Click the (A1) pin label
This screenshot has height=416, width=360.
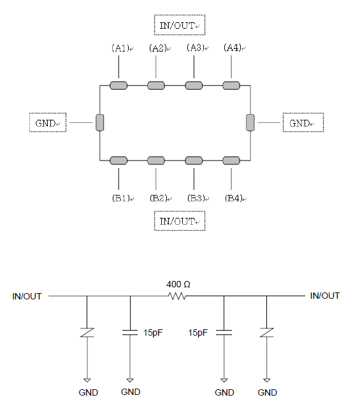[120, 48]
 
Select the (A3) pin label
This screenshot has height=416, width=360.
[196, 48]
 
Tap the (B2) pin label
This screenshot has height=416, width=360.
[159, 198]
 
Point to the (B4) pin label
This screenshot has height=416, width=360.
[233, 198]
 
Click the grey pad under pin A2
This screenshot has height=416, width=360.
[156, 85]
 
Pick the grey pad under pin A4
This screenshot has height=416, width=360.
[231, 85]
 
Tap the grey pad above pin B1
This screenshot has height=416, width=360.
[119, 161]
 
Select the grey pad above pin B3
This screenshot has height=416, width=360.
[194, 161]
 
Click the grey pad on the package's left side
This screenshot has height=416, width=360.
[100, 122]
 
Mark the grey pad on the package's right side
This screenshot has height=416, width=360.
[250, 122]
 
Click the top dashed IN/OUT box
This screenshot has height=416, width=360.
[180, 25]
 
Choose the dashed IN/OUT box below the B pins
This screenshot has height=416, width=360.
[180, 220]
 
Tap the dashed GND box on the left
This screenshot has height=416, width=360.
[48, 122]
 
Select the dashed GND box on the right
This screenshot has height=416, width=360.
[303, 122]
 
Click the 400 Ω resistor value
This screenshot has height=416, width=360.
[178, 284]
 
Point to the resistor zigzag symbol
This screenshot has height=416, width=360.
[177, 296]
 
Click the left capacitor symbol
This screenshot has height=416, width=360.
[130, 333]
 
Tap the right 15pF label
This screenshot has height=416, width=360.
[198, 333]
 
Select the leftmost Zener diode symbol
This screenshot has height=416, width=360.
[87, 333]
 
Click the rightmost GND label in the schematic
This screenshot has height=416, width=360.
[267, 392]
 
